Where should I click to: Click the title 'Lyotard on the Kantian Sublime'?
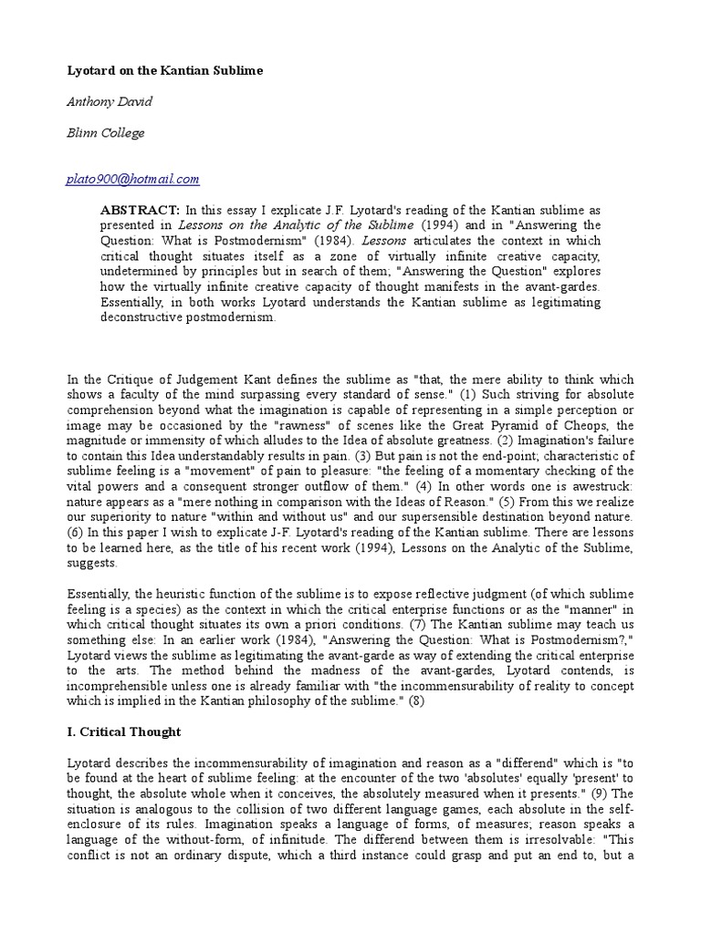coord(165,70)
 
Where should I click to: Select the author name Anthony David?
coord(110,101)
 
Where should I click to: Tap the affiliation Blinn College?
coord(106,133)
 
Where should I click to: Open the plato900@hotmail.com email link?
coord(133,180)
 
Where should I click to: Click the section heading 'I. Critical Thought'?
coord(125,732)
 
